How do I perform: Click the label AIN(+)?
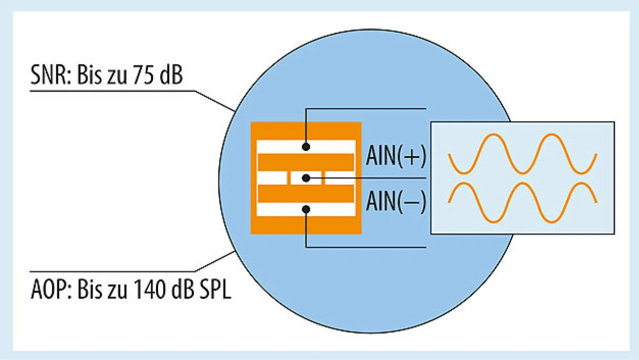pyautogui.click(x=396, y=156)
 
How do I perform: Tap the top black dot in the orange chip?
pyautogui.click(x=306, y=147)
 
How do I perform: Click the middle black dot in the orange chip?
pyautogui.click(x=306, y=178)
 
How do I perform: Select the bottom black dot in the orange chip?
pyautogui.click(x=306, y=209)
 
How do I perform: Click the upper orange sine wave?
pyautogui.click(x=522, y=154)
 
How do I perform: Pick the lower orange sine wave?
pyautogui.click(x=522, y=202)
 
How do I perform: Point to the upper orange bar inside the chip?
pyautogui.click(x=306, y=162)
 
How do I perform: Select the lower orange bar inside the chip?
pyautogui.click(x=306, y=193)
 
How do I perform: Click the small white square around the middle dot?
pyautogui.click(x=299, y=178)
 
